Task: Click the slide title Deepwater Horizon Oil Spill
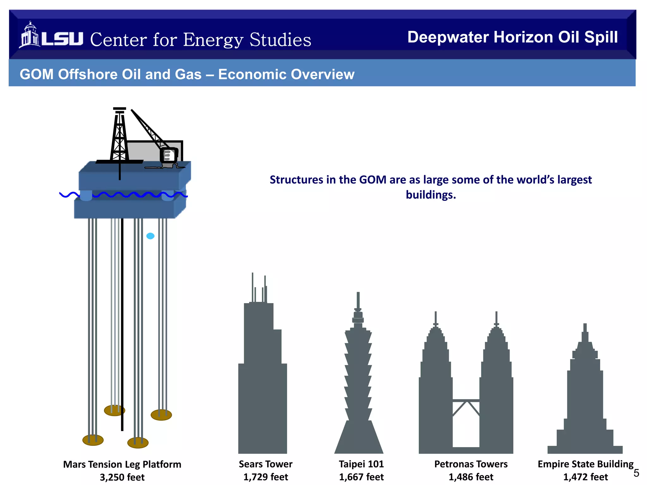512,37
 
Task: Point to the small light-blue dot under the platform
150,236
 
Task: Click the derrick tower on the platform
119,136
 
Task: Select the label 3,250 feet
122,477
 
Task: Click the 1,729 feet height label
266,477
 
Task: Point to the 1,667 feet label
361,477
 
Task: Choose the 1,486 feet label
471,477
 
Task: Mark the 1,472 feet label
585,477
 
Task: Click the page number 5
636,473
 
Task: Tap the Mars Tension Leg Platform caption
122,464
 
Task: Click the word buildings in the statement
431,195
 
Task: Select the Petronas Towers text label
471,464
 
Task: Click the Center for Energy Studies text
201,40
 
